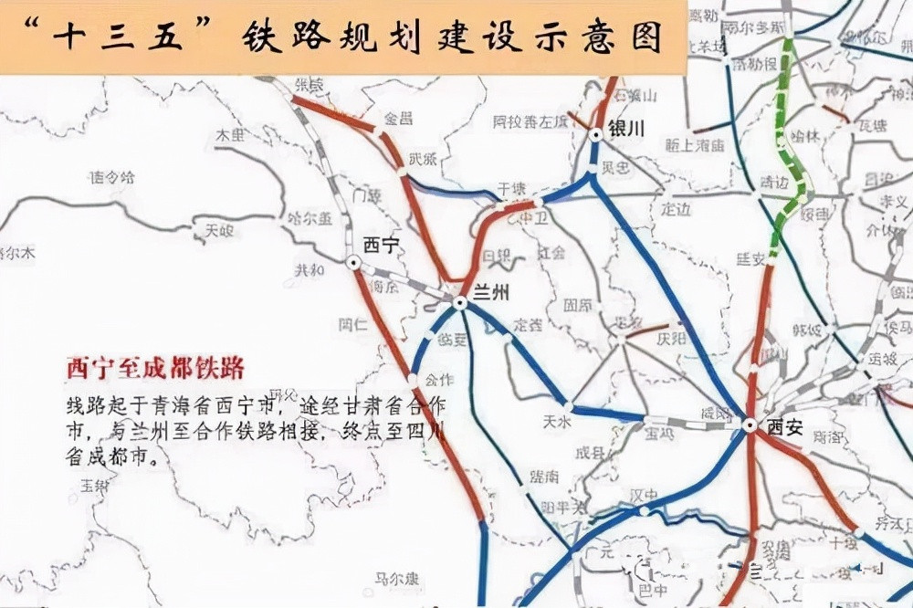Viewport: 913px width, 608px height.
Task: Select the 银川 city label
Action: [x=627, y=130]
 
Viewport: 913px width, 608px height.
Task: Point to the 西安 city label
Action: [x=783, y=425]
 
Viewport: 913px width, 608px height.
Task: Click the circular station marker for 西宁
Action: [x=353, y=262]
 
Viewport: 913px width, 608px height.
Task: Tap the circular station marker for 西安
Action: [x=750, y=425]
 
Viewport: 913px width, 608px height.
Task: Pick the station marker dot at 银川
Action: [x=595, y=134]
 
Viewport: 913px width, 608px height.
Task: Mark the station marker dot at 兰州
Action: [x=460, y=301]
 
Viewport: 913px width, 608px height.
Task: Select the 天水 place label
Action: [x=555, y=422]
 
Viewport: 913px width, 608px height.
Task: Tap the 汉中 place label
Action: [x=643, y=495]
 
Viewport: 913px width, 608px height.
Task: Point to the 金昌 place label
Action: [x=398, y=119]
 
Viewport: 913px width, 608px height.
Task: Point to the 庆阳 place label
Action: [x=668, y=337]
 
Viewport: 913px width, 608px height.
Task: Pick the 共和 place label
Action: [x=310, y=270]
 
